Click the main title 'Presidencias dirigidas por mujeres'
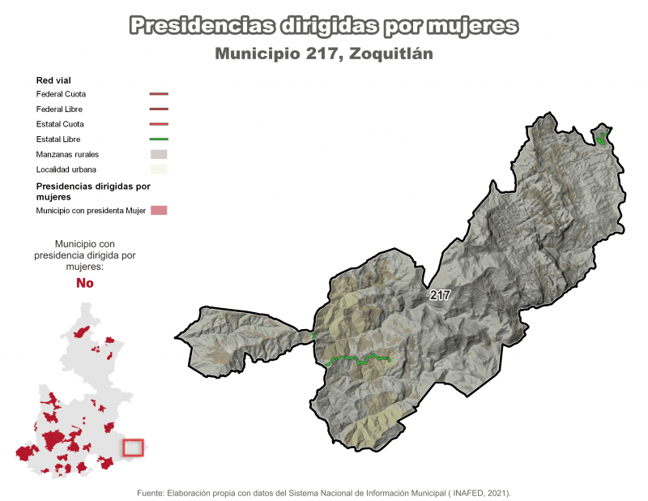click(323, 27)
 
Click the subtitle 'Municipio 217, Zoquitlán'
click(323, 54)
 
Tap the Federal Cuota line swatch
click(158, 94)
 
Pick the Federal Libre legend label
click(59, 109)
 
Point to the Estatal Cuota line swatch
click(158, 124)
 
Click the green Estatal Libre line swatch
click(158, 139)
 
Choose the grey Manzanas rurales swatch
click(158, 154)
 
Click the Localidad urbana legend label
click(66, 169)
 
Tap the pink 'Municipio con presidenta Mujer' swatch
click(158, 211)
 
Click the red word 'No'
click(84, 283)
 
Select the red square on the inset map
click(133, 447)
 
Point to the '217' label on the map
click(440, 295)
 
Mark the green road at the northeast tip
click(601, 137)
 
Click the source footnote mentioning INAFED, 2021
click(324, 492)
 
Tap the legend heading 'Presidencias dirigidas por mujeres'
click(93, 191)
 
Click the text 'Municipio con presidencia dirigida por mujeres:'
click(84, 255)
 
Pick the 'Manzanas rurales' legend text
click(67, 154)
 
